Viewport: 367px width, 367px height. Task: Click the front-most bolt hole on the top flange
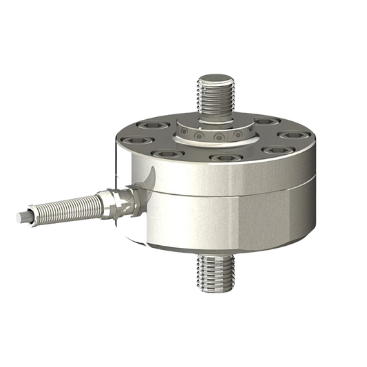[x=222, y=157]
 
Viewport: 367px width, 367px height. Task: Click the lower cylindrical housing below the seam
[x=227, y=220]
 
